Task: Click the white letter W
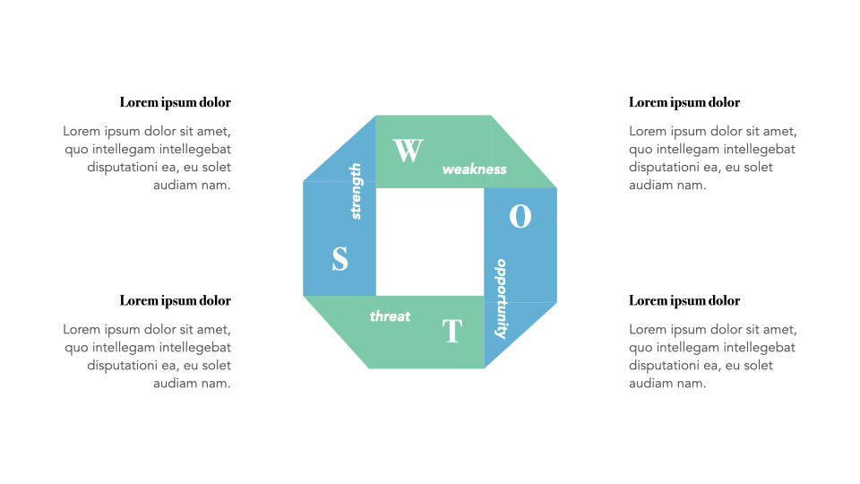point(408,151)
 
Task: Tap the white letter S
point(340,259)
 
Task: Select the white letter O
point(520,216)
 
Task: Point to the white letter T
point(451,332)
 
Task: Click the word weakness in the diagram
point(474,169)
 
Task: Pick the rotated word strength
point(356,191)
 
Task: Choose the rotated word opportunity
point(502,298)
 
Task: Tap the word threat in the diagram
point(390,316)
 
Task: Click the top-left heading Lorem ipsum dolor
point(175,102)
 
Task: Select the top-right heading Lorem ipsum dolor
point(684,102)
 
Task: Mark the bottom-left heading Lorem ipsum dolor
point(175,300)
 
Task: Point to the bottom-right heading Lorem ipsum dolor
point(684,300)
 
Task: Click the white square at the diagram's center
point(430,242)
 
